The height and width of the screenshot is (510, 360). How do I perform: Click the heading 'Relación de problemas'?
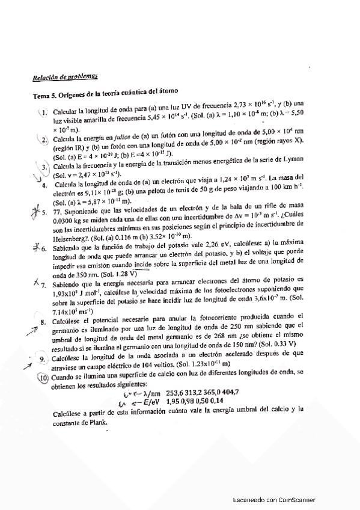click(x=66, y=76)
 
